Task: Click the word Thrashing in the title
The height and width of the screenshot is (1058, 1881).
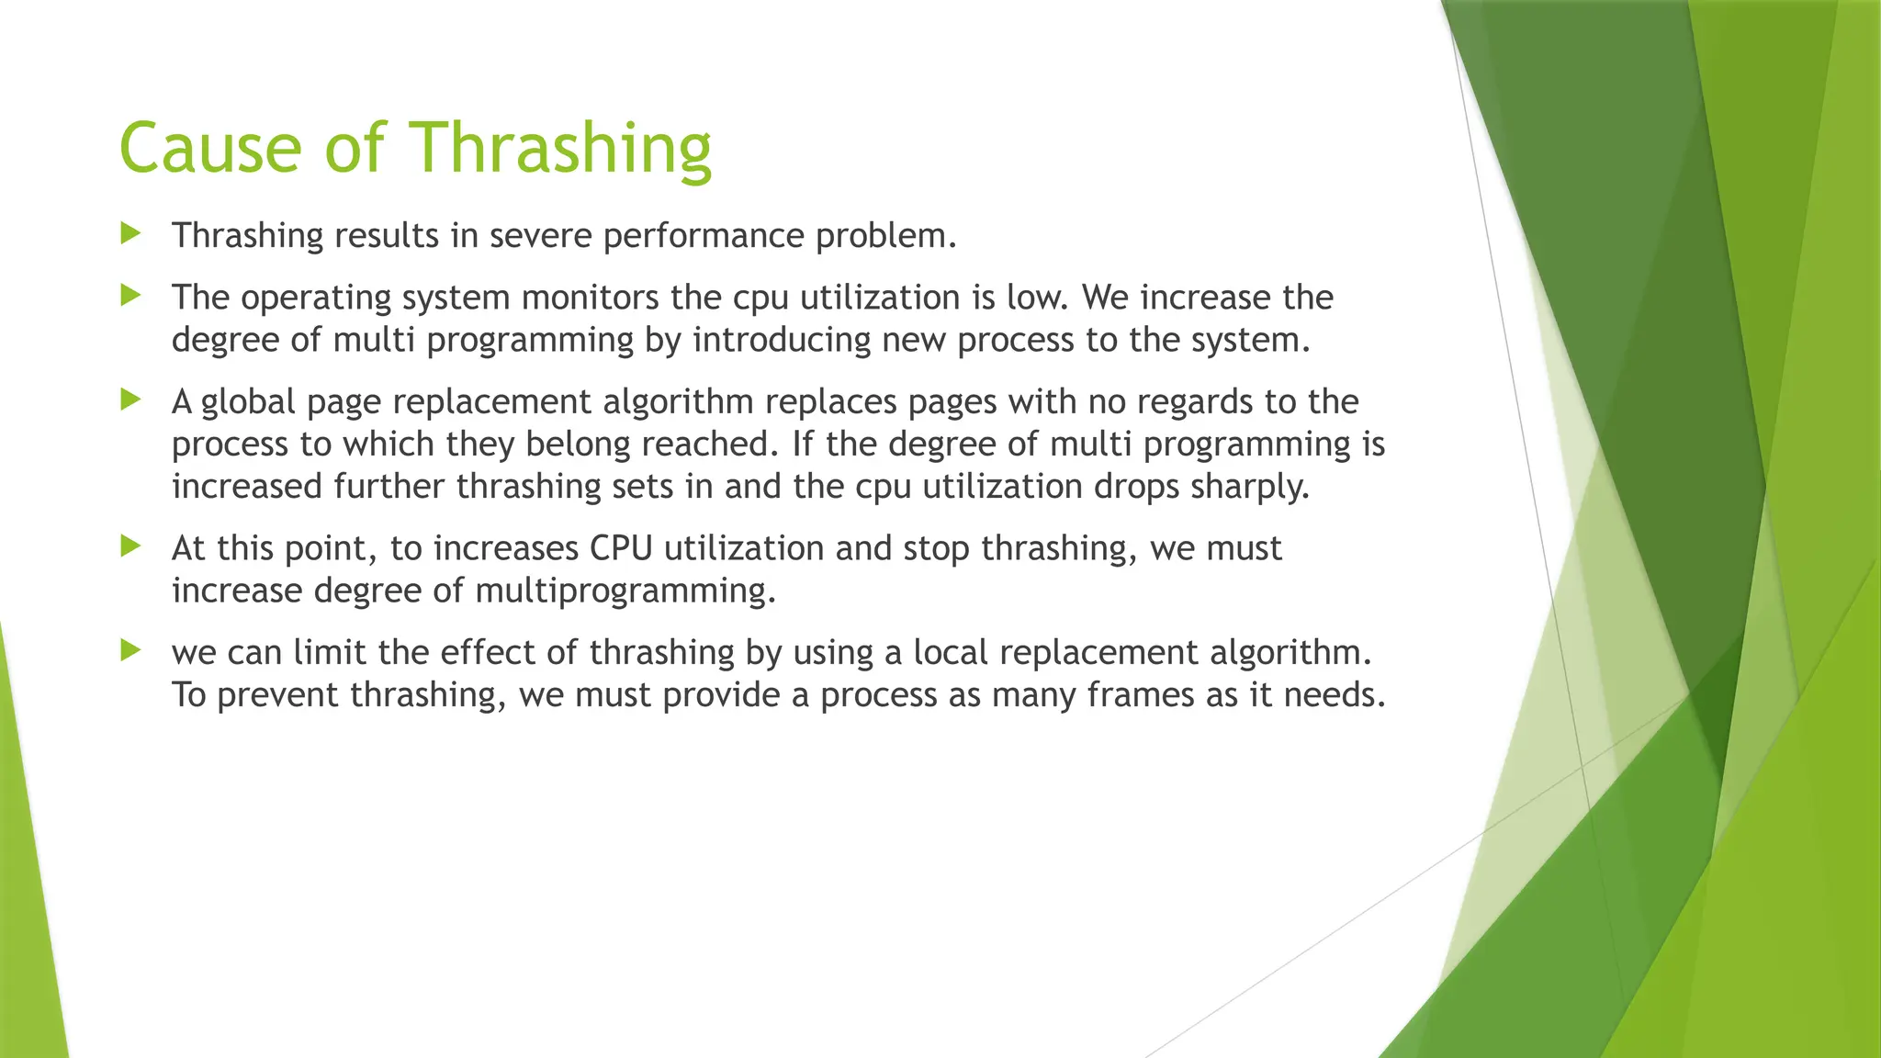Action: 559,148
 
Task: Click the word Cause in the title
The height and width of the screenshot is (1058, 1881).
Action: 210,148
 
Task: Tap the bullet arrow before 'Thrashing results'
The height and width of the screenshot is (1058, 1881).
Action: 130,233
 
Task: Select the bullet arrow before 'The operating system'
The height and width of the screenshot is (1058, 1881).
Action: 130,296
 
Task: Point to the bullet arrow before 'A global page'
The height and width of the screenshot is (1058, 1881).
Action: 130,400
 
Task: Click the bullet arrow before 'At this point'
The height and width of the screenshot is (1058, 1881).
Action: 130,546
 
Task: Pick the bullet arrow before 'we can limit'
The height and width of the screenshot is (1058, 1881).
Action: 130,651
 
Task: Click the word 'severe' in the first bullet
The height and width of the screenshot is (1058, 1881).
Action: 542,236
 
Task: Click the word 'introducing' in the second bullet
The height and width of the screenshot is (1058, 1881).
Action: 782,341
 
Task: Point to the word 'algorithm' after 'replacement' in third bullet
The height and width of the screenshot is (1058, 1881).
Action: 679,402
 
